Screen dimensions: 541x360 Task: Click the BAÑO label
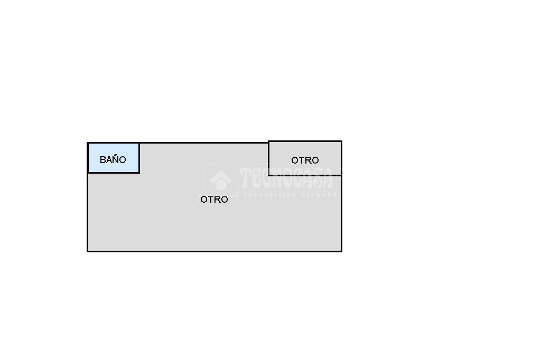pos(113,159)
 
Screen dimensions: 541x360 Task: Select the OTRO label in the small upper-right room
pos(305,160)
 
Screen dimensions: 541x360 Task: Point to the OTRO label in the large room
pos(214,200)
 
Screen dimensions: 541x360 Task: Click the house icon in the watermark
pos(221,181)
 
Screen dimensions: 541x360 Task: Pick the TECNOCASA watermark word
pos(286,178)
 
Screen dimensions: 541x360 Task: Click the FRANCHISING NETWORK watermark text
pos(290,195)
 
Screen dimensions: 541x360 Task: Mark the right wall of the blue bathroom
pos(139,158)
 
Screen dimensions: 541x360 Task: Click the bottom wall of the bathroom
pos(114,172)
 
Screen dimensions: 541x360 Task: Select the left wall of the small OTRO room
pos(269,158)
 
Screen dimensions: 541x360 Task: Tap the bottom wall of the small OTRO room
pos(305,175)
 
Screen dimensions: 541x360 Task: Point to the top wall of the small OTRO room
pos(305,141)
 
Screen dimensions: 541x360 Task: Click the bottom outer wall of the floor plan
pos(214,251)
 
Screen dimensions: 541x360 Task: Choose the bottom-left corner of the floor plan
pos(88,251)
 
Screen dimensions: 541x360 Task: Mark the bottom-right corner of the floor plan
pos(342,251)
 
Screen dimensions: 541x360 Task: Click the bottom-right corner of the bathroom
pos(139,172)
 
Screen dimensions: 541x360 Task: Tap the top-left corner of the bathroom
pos(88,143)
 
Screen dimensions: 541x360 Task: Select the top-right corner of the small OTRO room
pos(342,141)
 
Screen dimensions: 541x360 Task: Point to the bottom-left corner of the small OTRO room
pos(269,175)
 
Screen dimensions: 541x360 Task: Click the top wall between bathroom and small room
pos(204,143)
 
